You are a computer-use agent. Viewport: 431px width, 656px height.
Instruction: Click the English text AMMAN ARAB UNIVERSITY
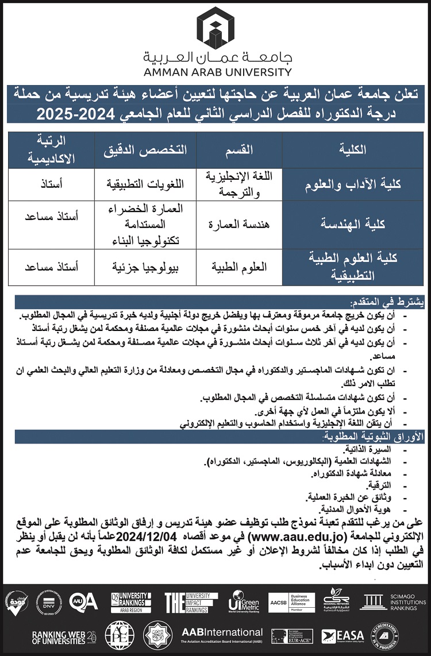click(x=215, y=72)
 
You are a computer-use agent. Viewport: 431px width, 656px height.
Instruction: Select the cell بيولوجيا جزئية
click(x=145, y=267)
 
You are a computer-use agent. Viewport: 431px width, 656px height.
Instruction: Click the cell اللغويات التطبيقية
click(x=145, y=184)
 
